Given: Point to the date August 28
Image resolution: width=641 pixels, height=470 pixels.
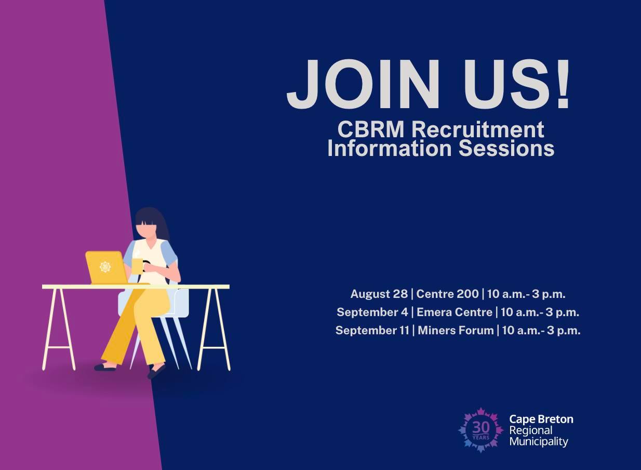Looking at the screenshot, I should coord(379,294).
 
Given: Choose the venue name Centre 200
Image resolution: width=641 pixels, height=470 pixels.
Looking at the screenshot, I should coord(447,294).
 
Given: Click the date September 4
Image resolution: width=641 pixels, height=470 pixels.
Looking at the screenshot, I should coord(371,312).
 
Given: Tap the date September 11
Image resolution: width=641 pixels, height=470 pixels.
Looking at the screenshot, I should coord(372,330).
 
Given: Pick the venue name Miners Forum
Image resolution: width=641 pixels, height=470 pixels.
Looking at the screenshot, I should coord(456,330).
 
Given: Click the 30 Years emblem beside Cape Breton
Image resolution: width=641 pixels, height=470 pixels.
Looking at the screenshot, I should coord(480,430).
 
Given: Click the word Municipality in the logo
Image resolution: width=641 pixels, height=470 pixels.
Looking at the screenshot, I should coord(539,442).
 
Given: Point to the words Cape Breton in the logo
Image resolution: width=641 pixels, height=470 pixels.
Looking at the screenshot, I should coord(541,419).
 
